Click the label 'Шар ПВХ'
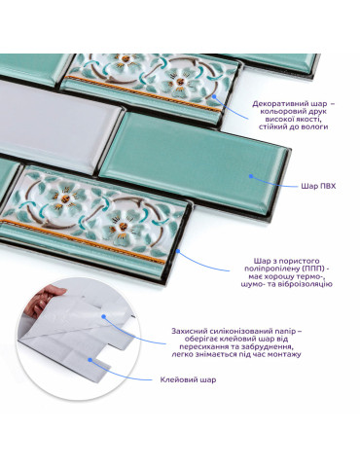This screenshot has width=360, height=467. coord(318,187)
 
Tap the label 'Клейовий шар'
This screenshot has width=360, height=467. coord(188,379)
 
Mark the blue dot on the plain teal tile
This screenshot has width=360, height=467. coord(250,176)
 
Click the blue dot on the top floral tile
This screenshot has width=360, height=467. coord(214,96)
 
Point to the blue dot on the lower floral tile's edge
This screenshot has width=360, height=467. coord(178,251)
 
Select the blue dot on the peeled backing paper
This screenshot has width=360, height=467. coord(103,316)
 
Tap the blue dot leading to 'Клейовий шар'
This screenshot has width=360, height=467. coord(90,360)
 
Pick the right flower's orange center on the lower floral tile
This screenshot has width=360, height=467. coord(123,226)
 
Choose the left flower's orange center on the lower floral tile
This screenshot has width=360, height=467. coord(65,198)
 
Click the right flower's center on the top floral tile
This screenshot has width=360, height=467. coord(179,81)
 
